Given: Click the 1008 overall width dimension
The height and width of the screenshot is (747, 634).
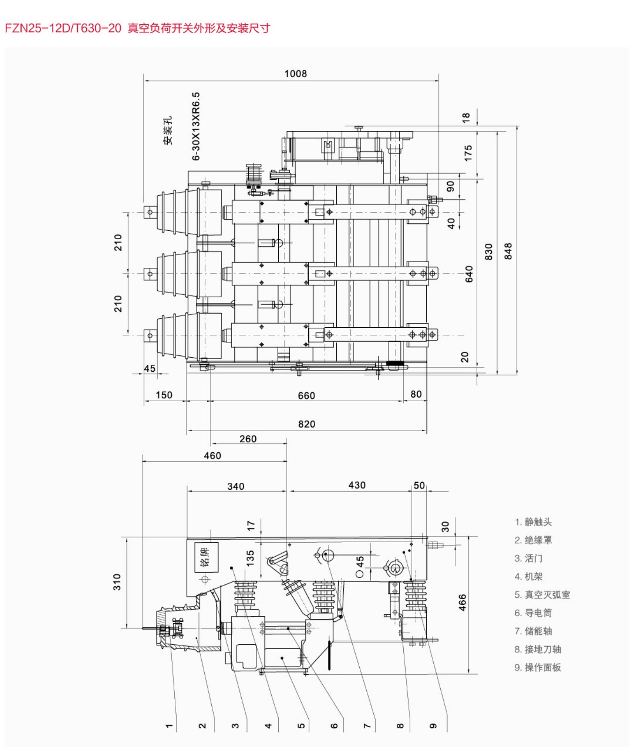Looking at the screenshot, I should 295,74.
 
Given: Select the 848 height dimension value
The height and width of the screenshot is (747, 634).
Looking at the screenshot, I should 508,251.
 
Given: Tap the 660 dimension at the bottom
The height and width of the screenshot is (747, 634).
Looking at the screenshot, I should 306,396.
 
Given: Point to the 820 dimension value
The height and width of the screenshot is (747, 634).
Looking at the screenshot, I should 307,424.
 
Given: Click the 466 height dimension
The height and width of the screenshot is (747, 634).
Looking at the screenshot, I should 462,603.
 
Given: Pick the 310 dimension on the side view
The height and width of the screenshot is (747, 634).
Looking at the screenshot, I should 117,582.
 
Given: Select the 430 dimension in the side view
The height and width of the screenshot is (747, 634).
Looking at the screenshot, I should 357,485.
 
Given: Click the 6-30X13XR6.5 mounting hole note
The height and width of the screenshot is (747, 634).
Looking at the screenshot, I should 196,126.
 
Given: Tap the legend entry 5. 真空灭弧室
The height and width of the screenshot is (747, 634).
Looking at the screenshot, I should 542,595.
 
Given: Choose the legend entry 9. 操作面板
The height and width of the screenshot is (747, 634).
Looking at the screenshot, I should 538,667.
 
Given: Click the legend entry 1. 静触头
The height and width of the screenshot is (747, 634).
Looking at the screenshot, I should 533,522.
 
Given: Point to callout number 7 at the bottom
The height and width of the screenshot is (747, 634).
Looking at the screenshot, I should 367,725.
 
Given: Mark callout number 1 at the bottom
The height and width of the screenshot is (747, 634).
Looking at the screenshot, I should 169,725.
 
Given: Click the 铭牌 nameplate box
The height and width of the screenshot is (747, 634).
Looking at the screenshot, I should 206,557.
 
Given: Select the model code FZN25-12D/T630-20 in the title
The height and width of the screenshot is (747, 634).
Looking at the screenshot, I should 63,28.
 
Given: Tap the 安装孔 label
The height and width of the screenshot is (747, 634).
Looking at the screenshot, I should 168,130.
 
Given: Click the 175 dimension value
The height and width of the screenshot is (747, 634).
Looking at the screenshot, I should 468,153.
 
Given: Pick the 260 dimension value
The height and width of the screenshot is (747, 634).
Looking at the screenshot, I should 248,439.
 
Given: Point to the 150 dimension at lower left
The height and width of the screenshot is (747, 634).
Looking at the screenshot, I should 164,395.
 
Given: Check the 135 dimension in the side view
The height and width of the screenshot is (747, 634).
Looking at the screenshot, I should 250,558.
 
